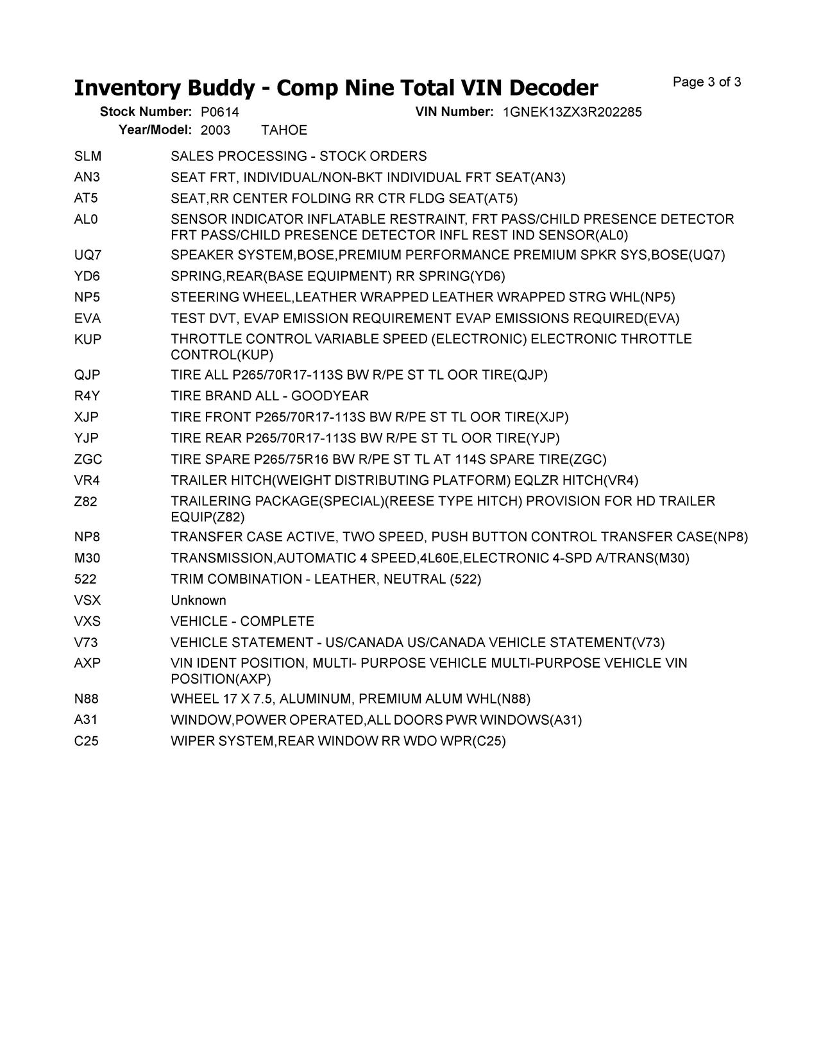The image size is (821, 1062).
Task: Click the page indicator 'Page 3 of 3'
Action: click(707, 82)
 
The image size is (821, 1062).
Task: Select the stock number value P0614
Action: click(215, 112)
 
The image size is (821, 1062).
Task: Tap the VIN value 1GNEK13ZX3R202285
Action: click(572, 112)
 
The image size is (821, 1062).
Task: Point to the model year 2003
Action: click(215, 130)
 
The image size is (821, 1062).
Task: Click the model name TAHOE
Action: click(284, 130)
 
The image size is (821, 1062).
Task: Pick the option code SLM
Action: click(88, 156)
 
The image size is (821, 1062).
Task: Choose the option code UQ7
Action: click(88, 255)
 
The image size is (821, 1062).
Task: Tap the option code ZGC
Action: click(88, 460)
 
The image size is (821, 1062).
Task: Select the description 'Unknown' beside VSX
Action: click(198, 601)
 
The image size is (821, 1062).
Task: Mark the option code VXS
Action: click(87, 622)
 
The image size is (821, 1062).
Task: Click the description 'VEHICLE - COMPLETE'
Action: click(242, 622)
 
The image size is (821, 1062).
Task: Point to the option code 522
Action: click(85, 580)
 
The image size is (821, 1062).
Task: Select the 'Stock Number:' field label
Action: click(146, 112)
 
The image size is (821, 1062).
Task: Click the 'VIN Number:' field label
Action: click(454, 112)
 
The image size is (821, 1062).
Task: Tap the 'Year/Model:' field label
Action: click(155, 130)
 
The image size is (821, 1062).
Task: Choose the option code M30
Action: click(87, 559)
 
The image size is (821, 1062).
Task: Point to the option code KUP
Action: click(88, 340)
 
